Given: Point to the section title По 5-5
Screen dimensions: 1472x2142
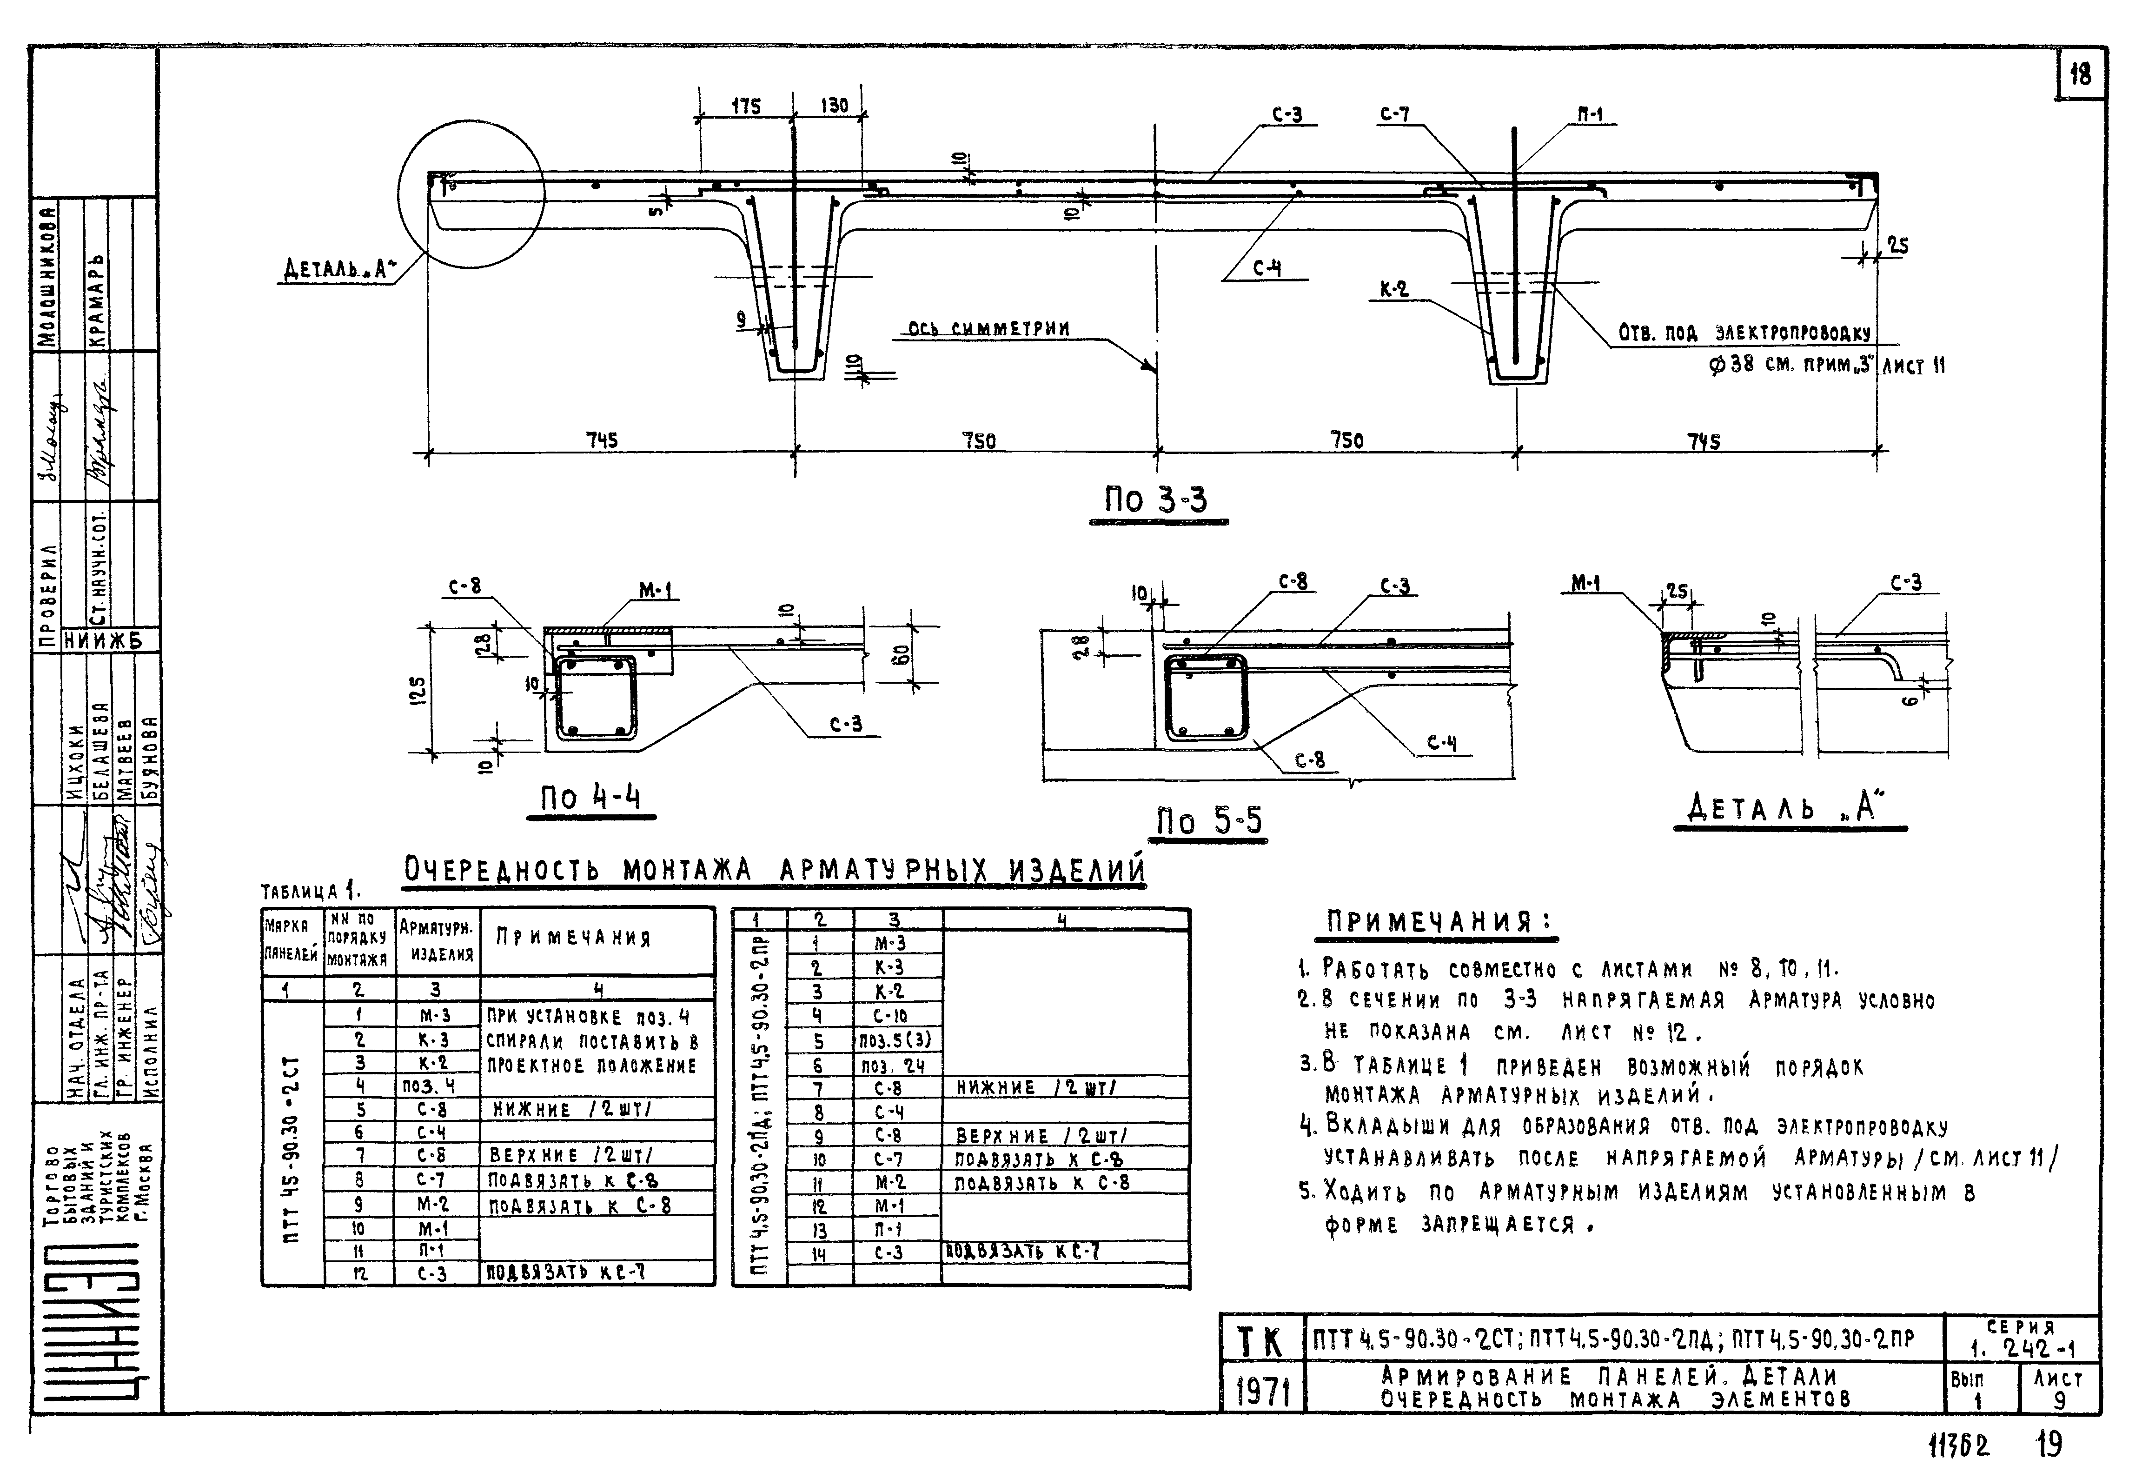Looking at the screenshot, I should (1210, 820).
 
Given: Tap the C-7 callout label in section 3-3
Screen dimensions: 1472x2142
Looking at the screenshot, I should (1394, 115).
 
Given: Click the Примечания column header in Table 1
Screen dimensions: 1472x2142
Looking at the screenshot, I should (573, 938).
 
